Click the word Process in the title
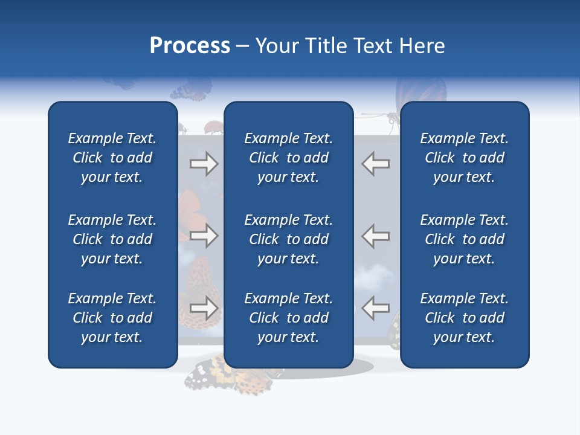190,46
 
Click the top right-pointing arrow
204,164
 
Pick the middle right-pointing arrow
204,236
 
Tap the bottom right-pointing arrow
204,308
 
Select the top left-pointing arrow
375,164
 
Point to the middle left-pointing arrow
375,236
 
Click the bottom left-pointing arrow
375,308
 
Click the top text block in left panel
112,158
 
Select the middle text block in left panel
112,239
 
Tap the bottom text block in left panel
112,318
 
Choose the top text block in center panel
288,158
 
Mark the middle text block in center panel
288,239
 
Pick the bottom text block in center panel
288,318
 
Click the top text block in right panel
464,158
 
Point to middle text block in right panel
464,239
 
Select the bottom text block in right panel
464,318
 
